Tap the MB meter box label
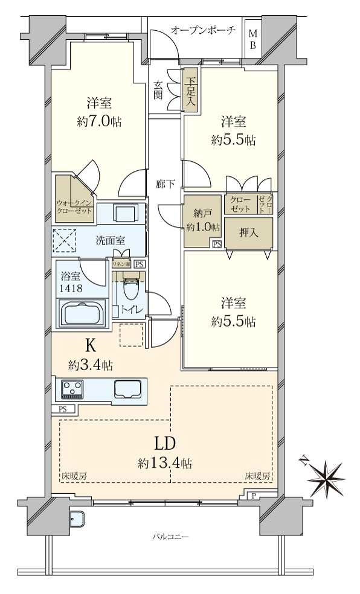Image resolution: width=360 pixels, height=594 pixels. (252, 40)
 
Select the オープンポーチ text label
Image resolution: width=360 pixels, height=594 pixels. (202, 30)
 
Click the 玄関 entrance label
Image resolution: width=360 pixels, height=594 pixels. (158, 90)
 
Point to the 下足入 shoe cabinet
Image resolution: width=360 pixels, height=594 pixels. (190, 90)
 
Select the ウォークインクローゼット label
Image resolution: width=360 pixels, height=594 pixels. (75, 207)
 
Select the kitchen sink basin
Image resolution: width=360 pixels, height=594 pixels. (128, 389)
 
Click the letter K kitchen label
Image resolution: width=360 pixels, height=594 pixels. (91, 346)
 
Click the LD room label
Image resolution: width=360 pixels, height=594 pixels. (164, 444)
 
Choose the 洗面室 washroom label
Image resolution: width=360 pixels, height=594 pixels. (110, 240)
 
